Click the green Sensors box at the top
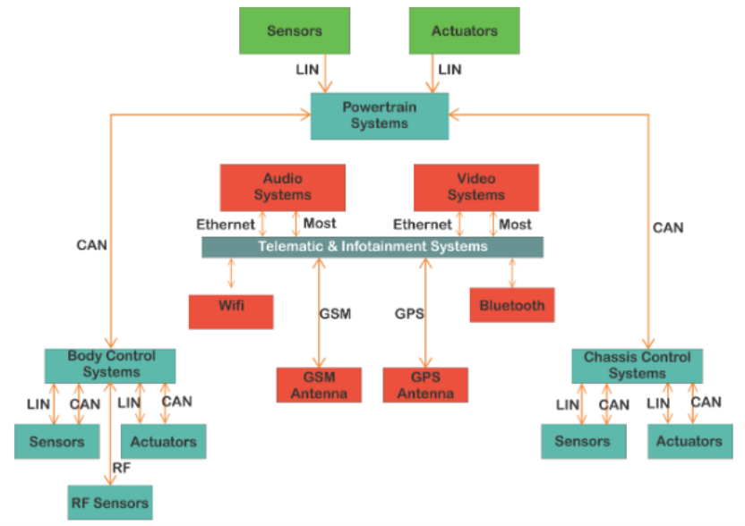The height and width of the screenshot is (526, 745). pos(294,30)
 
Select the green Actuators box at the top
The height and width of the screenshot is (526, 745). pos(464,30)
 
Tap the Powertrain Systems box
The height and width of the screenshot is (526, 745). pos(379,116)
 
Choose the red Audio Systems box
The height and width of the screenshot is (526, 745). pos(282,187)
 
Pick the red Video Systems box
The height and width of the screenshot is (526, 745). pos(475,187)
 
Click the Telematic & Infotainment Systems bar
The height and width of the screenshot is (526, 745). pos(372,246)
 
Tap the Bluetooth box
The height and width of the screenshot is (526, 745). pos(511,305)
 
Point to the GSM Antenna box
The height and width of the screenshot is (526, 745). pos(318,386)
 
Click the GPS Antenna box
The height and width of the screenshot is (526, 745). pos(425,386)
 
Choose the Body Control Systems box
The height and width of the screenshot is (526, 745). pos(110,364)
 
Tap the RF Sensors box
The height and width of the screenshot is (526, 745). pos(110,503)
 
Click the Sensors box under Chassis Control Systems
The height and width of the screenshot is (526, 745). pos(582,441)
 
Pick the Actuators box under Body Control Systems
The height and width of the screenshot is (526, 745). pos(163,441)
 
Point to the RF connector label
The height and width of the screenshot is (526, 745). pos(121,466)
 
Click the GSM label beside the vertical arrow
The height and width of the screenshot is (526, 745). pos(335,314)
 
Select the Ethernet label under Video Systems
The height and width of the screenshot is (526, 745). pos(422,225)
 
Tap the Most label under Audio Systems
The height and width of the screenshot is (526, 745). pos(320,224)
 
